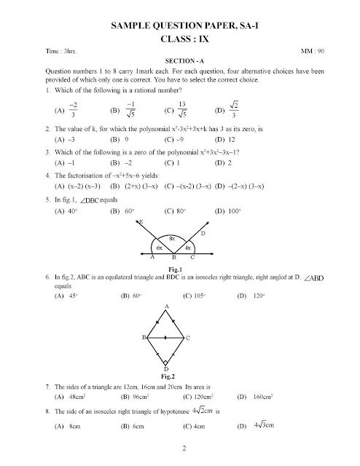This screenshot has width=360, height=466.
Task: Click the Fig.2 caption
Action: [167, 376]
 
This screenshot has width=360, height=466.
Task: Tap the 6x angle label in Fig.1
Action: [157, 248]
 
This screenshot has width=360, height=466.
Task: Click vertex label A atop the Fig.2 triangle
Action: [166, 304]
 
